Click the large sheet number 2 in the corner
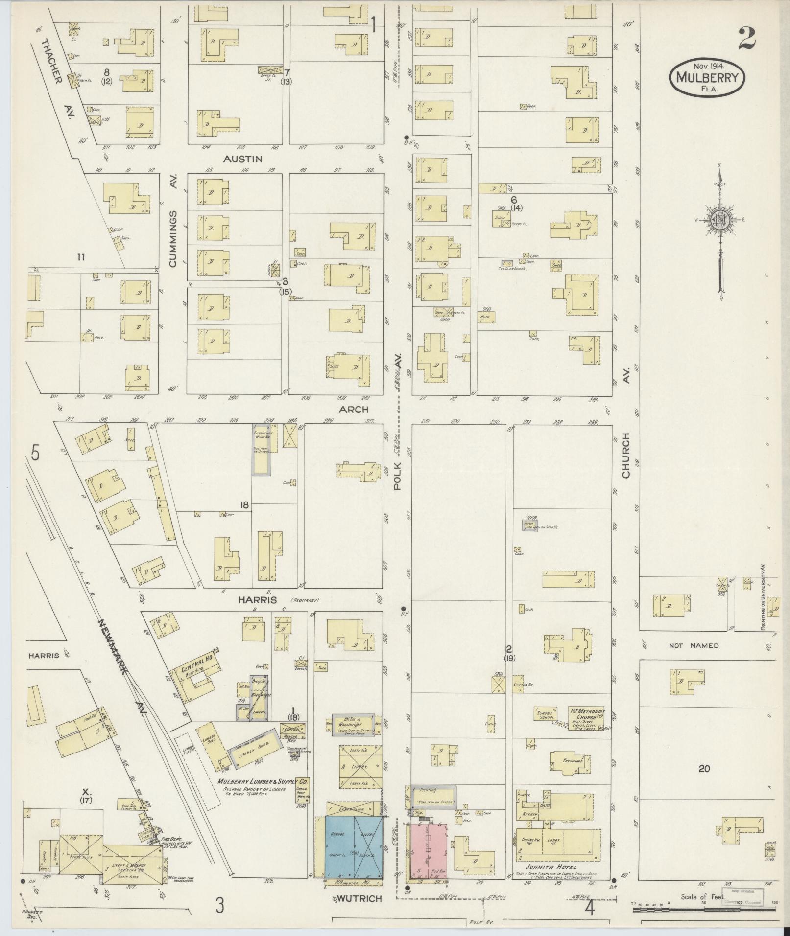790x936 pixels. pos(746,38)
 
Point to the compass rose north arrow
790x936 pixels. pos(720,230)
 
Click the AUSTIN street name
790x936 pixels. pos(243,159)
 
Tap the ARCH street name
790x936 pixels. pos(354,409)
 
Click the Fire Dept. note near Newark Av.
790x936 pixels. pos(171,839)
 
